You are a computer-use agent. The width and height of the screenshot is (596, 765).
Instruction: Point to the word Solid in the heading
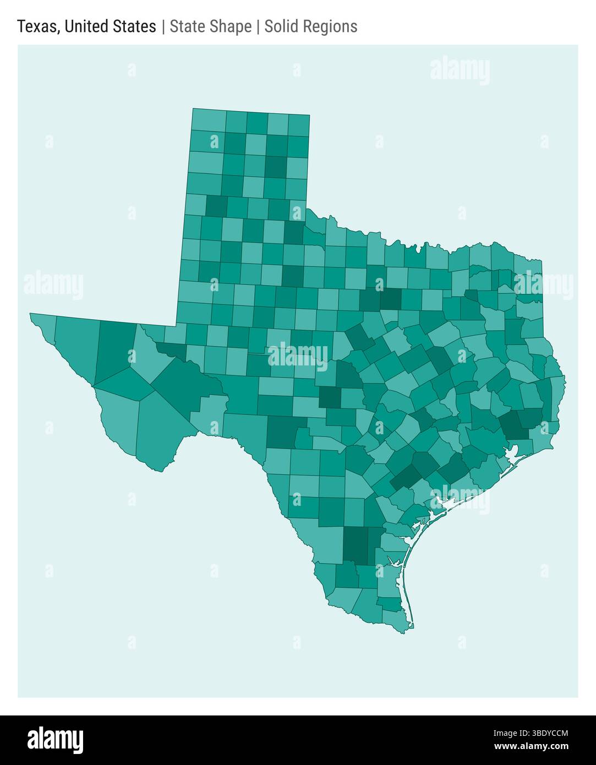coord(281,26)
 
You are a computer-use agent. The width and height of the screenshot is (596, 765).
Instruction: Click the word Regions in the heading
coord(332,26)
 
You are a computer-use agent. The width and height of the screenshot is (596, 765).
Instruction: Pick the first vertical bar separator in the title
coord(163,26)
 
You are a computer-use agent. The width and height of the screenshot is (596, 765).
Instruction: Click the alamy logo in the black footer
coord(55,740)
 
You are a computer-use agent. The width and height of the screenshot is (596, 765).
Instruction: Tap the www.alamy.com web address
coord(531,747)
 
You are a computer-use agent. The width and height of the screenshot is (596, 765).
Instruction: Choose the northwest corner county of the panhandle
coord(209,120)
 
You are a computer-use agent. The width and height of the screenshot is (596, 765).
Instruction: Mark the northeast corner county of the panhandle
coord(299,123)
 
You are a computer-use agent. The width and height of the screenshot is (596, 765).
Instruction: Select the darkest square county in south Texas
coord(355,545)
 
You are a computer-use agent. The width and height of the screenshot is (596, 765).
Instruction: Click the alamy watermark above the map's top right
coord(460,72)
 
